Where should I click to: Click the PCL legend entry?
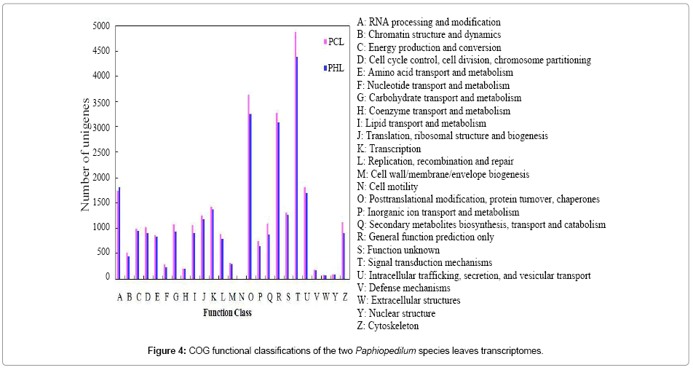coord(334,42)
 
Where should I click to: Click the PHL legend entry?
coord(334,68)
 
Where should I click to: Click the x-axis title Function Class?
coord(226,313)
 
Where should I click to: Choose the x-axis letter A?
coord(119,296)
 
